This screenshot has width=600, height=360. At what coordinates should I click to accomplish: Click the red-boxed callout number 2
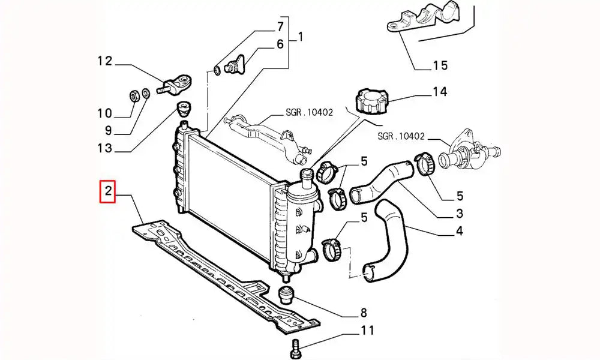[108, 192]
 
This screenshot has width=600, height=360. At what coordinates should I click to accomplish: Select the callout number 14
[440, 92]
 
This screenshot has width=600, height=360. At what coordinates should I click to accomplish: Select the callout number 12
[105, 60]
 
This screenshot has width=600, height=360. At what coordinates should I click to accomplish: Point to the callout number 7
[279, 26]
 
